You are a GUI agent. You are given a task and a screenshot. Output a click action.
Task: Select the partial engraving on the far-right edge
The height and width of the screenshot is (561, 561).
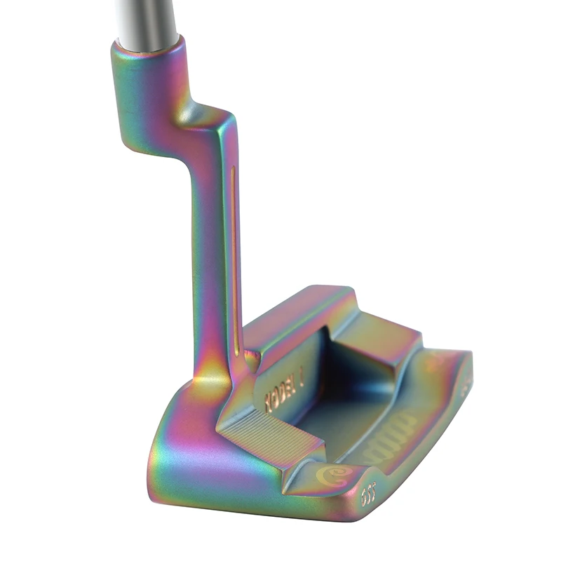point(466,386)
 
